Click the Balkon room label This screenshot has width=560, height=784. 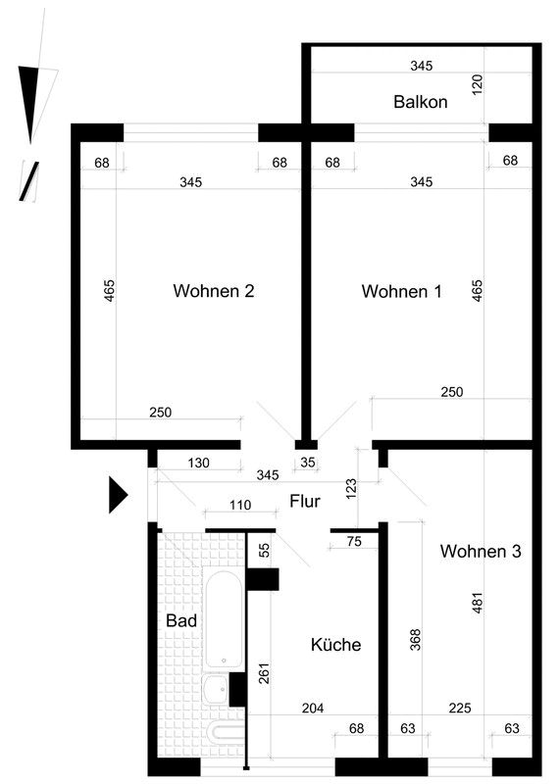pos(420,102)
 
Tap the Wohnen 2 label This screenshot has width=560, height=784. pos(214,290)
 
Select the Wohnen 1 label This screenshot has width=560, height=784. pos(401,291)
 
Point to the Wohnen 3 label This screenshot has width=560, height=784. pos(481,551)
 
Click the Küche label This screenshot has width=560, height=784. pos(335,645)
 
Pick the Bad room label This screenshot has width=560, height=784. pos(181,620)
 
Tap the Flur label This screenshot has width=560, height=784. pos(305,501)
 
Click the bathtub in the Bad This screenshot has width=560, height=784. pos(224,619)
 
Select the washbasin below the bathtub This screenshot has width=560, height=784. pos(215,689)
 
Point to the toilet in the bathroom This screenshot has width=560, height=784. pos(227,734)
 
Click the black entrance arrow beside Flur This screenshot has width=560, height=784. pos(118,495)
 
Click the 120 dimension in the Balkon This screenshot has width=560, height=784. pos(477,85)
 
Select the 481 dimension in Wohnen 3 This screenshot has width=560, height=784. pos(477,603)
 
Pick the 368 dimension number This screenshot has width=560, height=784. pos(416,640)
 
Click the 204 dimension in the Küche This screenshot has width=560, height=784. pos(313,708)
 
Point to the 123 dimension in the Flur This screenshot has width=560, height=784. pos(351,488)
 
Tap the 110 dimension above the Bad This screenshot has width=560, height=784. pos(240,505)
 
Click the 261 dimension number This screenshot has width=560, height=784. pos(264,673)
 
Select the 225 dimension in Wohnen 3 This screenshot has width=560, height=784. pos(460,708)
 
